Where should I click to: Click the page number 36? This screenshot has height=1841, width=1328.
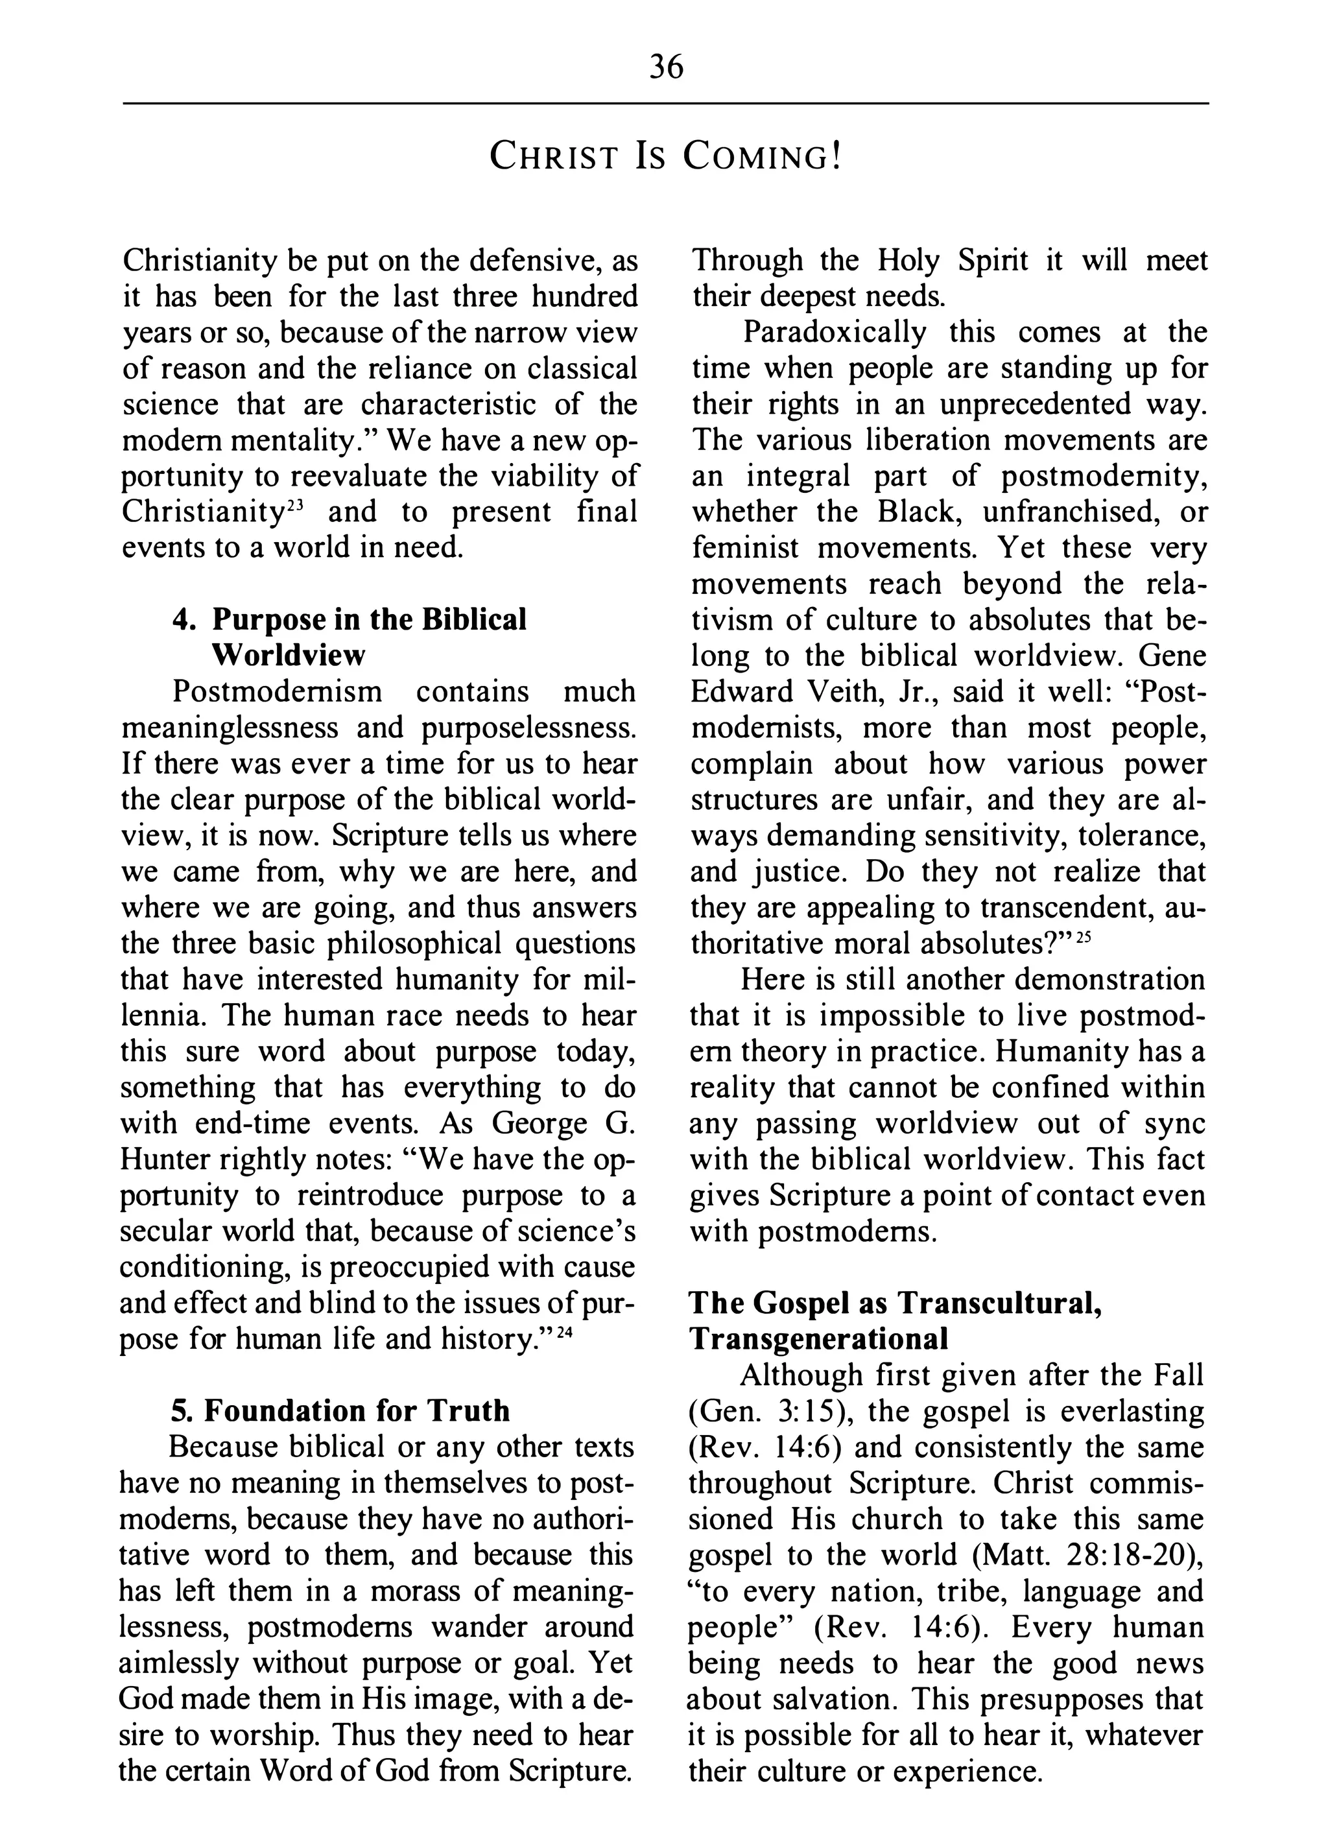coord(667,67)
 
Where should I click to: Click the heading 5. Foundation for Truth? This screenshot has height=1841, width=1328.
coord(340,1411)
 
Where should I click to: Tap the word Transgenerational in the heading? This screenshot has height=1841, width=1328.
coord(818,1338)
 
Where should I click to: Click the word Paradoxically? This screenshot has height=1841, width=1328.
coord(835,333)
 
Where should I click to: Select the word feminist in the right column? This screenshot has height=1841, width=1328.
coord(745,548)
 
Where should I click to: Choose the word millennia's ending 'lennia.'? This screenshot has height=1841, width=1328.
coord(162,1016)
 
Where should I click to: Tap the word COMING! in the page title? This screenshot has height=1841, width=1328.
coord(761,156)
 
